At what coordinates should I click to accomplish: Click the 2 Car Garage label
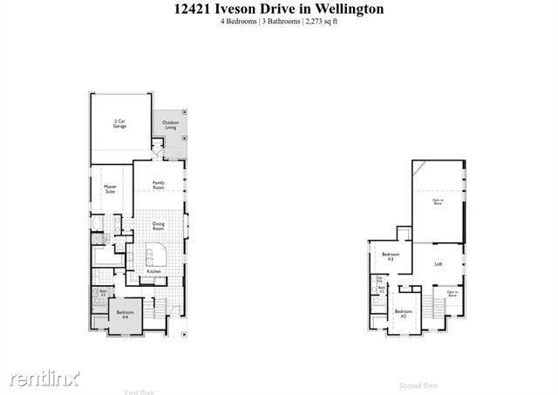tap(119, 125)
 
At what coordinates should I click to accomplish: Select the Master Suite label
tap(111, 188)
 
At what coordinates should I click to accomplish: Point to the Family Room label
tap(159, 185)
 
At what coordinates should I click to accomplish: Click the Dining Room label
tap(159, 226)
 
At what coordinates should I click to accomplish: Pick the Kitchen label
tap(153, 272)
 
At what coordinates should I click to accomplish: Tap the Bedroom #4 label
tap(125, 314)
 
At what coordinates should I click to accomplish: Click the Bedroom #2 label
tap(402, 312)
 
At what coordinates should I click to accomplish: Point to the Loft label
tap(439, 262)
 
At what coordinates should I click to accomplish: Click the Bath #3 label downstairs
tap(102, 294)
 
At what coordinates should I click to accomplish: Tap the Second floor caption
tap(418, 385)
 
